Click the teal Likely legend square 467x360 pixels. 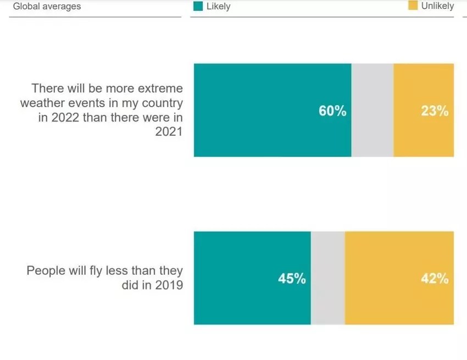198,6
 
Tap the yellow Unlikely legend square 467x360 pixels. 413,5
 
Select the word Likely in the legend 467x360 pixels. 219,7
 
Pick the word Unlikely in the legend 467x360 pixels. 437,6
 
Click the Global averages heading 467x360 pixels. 47,7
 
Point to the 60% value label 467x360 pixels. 332,111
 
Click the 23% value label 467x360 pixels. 435,111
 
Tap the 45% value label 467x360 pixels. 292,279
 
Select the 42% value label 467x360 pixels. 435,279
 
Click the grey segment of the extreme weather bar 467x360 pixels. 372,110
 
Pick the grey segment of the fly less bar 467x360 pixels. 327,278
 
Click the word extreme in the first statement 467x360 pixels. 159,88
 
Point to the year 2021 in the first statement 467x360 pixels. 169,132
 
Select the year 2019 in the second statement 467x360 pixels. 169,286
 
